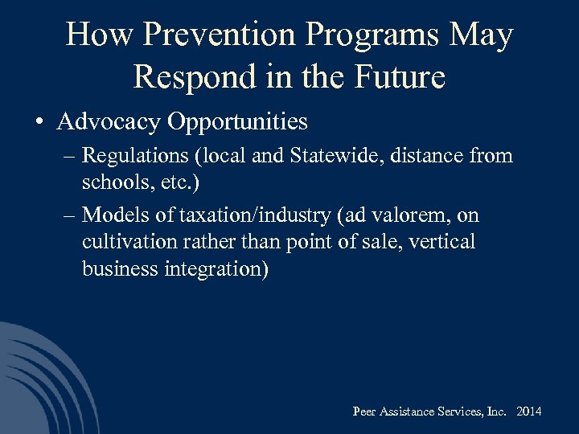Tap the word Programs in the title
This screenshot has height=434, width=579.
click(372, 35)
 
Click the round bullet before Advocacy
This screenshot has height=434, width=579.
click(39, 123)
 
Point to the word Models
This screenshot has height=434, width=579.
click(109, 215)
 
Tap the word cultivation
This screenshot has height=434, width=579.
click(123, 241)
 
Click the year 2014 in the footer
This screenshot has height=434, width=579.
click(529, 411)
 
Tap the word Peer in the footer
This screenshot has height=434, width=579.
click(364, 411)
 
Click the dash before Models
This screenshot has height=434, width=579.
click(66, 215)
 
